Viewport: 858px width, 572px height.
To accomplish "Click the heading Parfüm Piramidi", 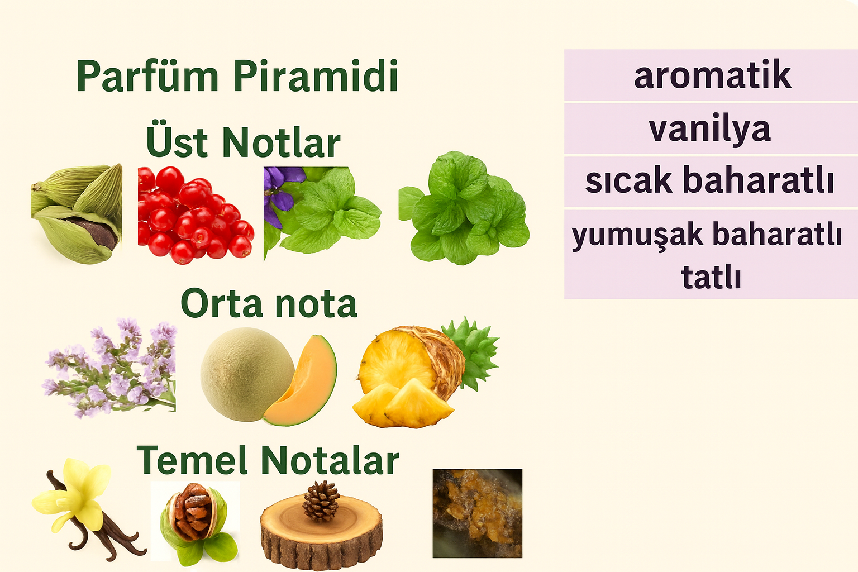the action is click(x=237, y=75).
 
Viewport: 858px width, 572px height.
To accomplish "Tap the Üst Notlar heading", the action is click(x=244, y=140).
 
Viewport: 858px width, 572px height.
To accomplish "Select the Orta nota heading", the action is click(x=269, y=303).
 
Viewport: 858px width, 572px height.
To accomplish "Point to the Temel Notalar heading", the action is click(x=268, y=460).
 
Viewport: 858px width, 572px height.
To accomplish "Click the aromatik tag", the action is click(x=712, y=75).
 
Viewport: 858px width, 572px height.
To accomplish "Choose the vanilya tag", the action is click(x=710, y=128).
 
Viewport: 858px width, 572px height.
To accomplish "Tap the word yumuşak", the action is click(x=637, y=235).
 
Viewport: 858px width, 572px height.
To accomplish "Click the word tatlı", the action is click(x=711, y=277).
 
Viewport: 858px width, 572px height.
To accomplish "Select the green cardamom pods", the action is click(x=77, y=213).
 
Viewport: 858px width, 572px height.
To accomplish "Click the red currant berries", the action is click(x=196, y=215).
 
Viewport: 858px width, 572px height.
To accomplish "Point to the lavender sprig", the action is click(x=110, y=368).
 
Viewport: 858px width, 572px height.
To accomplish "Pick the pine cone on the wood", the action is click(x=321, y=500).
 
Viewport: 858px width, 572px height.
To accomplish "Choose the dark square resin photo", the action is click(x=478, y=513).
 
